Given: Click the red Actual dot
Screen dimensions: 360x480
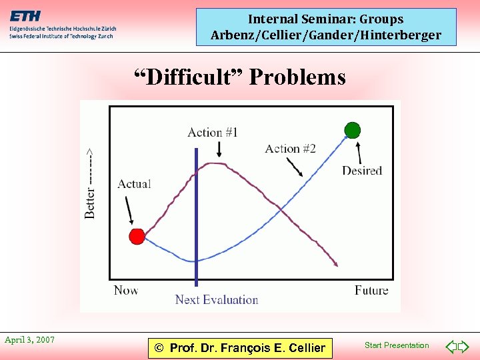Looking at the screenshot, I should tap(137, 236).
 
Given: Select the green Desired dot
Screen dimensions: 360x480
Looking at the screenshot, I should tap(352, 130).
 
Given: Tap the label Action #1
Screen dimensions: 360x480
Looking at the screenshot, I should tap(213, 132).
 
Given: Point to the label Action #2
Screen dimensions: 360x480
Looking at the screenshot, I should tap(290, 149).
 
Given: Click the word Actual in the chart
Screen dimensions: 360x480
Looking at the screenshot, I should tap(134, 184).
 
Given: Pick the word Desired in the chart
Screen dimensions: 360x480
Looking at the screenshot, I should tap(362, 171).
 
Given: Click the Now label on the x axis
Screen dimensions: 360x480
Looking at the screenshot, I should tap(126, 289).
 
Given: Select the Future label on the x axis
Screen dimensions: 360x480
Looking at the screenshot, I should tap(371, 290).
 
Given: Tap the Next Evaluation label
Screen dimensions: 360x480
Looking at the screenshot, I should tap(216, 300).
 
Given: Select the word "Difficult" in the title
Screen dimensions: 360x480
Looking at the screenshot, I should tap(188, 77).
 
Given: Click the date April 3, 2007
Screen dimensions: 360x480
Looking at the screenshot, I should tap(29, 340).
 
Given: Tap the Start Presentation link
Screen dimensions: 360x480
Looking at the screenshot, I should tap(397, 345).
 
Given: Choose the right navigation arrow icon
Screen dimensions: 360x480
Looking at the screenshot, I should tap(463, 346).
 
